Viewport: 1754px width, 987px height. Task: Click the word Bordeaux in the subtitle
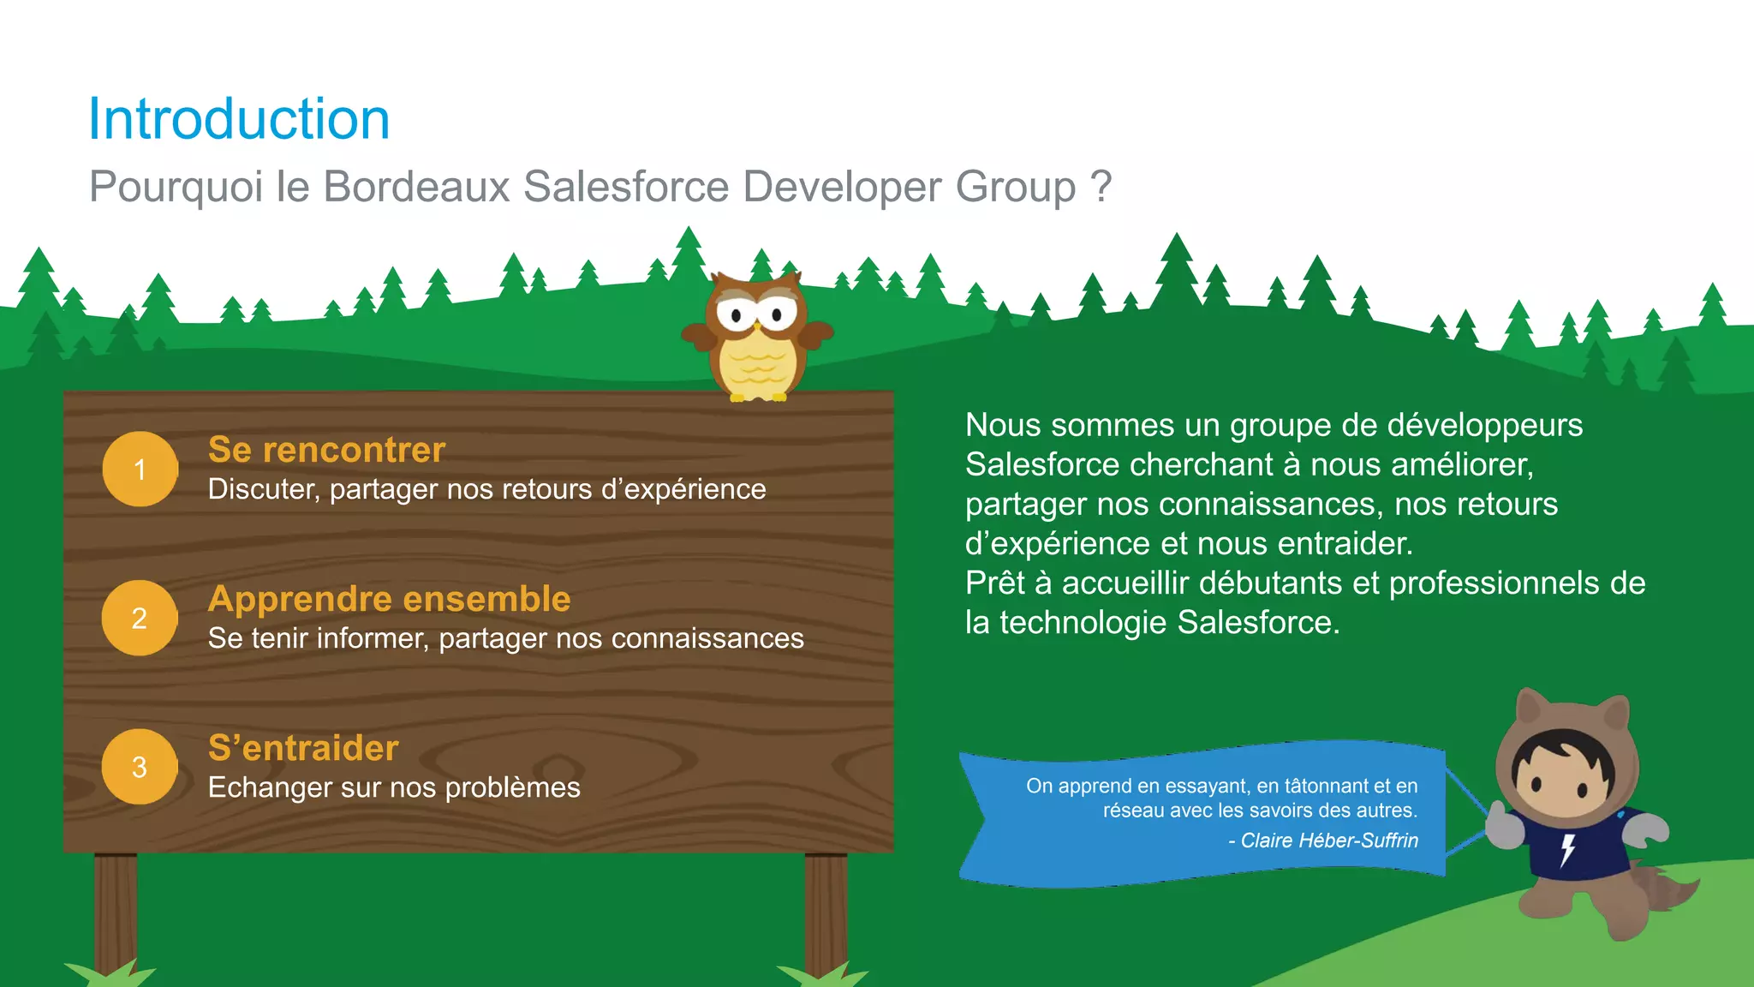pos(417,186)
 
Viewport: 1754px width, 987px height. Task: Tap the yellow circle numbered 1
pos(140,469)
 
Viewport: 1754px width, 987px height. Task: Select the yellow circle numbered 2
pos(140,618)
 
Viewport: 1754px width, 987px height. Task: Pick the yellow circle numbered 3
pos(140,767)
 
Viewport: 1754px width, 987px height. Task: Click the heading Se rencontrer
pos(326,450)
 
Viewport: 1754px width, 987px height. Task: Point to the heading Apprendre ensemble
pos(389,599)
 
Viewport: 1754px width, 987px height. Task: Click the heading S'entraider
pos(303,748)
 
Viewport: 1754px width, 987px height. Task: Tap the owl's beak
pos(757,326)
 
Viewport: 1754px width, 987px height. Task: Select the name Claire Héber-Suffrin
pos(1329,840)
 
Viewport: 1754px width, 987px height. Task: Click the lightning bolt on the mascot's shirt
pos(1567,849)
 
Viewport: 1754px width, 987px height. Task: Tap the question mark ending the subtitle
pos(1101,186)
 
